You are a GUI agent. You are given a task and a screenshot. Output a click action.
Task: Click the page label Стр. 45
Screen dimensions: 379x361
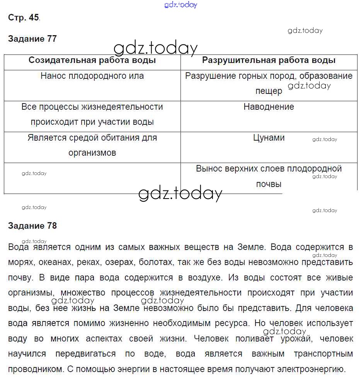click(23, 18)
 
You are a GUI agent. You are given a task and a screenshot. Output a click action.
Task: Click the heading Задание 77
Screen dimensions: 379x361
click(32, 39)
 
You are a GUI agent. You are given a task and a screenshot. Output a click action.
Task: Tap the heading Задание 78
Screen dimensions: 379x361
click(32, 226)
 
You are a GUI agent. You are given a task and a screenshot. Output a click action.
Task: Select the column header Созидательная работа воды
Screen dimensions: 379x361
click(92, 60)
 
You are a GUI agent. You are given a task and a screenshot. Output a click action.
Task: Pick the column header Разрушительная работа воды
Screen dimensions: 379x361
click(269, 60)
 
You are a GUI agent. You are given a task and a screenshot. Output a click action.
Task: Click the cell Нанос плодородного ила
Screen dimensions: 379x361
click(92, 76)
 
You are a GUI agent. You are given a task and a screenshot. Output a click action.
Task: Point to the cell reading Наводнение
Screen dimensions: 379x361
click(269, 107)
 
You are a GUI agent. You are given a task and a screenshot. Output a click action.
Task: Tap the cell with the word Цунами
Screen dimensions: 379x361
click(269, 138)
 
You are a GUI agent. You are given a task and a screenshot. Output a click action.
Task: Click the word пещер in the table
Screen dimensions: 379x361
click(269, 91)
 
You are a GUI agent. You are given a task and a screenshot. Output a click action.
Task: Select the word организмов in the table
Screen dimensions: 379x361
click(92, 153)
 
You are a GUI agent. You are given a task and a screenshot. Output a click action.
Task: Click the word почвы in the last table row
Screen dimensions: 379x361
click(269, 184)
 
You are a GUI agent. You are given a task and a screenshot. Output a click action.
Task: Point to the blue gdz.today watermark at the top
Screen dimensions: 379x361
click(180, 5)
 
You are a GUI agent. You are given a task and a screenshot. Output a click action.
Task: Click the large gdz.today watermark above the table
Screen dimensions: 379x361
click(155, 48)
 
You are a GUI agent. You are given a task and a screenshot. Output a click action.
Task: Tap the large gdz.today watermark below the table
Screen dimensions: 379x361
click(180, 194)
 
